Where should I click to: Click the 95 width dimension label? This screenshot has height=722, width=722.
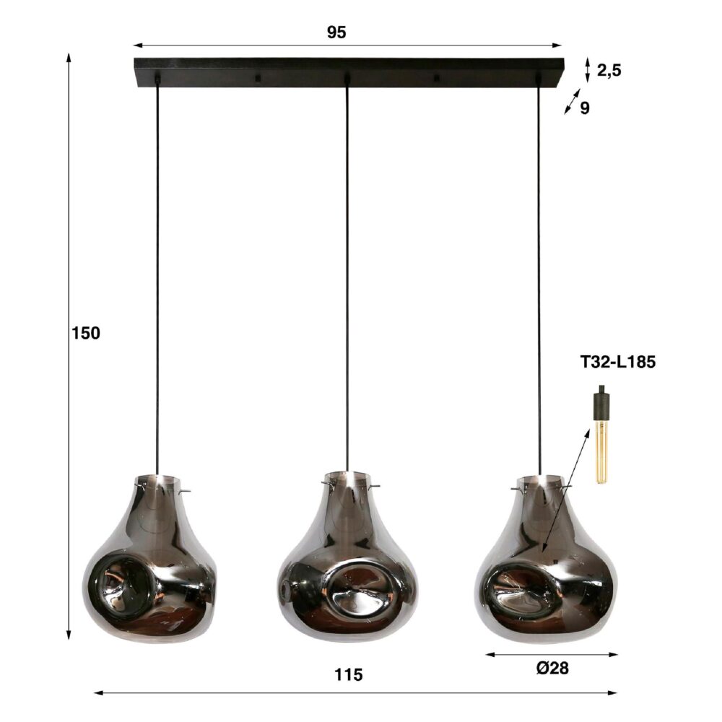(336, 32)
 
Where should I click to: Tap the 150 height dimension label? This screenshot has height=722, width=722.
(85, 334)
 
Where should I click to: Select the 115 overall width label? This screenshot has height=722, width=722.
(349, 676)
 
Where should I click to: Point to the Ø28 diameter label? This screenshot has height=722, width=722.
(552, 669)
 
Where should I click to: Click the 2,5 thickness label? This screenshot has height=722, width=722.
(609, 70)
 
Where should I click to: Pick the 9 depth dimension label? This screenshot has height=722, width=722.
(585, 108)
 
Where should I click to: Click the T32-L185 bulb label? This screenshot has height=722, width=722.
(617, 362)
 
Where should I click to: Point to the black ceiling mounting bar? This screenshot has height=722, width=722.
(347, 71)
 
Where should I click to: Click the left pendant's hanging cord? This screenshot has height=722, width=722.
(157, 289)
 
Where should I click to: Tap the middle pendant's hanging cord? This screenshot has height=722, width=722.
(347, 289)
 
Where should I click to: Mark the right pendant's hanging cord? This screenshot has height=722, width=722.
(539, 289)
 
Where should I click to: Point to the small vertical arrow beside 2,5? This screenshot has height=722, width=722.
(588, 69)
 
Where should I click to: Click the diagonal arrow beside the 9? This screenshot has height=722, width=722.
(572, 102)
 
